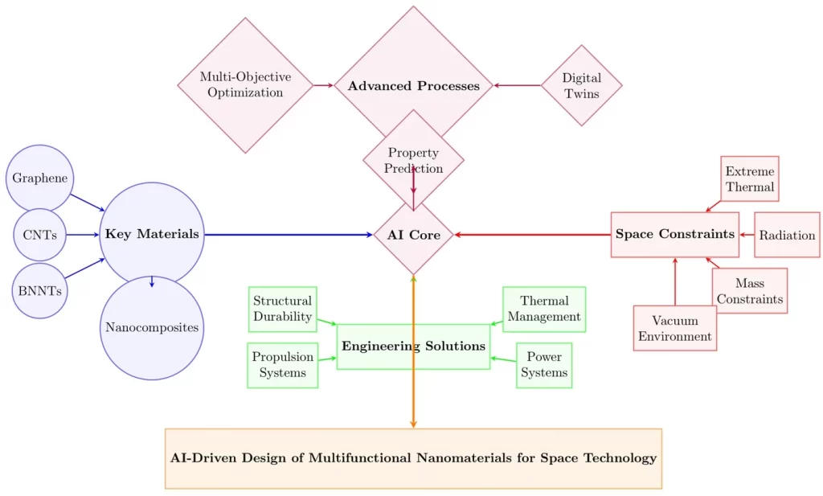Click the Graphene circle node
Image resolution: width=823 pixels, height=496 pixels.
(39, 178)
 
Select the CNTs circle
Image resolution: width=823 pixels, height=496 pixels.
(39, 235)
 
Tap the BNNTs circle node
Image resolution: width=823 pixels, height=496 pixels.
(39, 290)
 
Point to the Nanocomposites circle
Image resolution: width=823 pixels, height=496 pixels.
(152, 327)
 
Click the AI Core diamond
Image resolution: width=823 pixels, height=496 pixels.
(413, 235)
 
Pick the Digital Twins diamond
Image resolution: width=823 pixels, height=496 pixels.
(581, 86)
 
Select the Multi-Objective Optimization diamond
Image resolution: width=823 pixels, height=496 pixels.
(245, 85)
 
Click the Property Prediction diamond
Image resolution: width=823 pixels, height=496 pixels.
(413, 160)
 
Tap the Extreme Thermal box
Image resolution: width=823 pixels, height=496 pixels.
(749, 179)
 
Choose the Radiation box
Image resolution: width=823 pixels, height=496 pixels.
(787, 236)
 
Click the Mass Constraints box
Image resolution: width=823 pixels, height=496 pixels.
(749, 291)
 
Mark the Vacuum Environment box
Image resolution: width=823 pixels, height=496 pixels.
(674, 328)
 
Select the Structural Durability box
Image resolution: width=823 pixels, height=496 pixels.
(282, 309)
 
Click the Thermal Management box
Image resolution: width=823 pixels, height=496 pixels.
(544, 309)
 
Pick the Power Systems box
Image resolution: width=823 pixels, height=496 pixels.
(544, 365)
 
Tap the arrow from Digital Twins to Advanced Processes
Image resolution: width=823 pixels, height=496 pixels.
(517, 85)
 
